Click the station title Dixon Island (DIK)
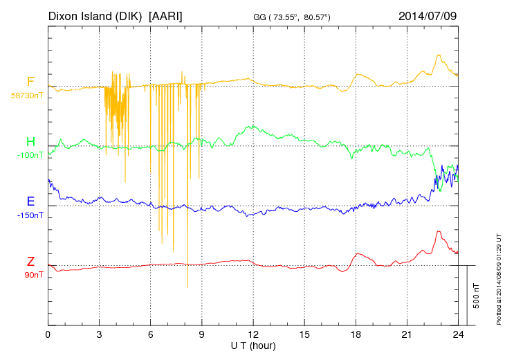click(95, 15)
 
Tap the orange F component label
click(30, 82)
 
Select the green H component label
click(30, 142)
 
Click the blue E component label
click(30, 201)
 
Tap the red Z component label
click(30, 261)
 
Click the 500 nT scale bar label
click(477, 295)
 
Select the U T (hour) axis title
click(253, 345)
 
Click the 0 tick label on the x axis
click(48, 334)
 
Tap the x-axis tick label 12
click(253, 334)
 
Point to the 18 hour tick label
click(356, 334)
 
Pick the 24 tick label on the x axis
click(459, 334)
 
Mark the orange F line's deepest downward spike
click(187, 286)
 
